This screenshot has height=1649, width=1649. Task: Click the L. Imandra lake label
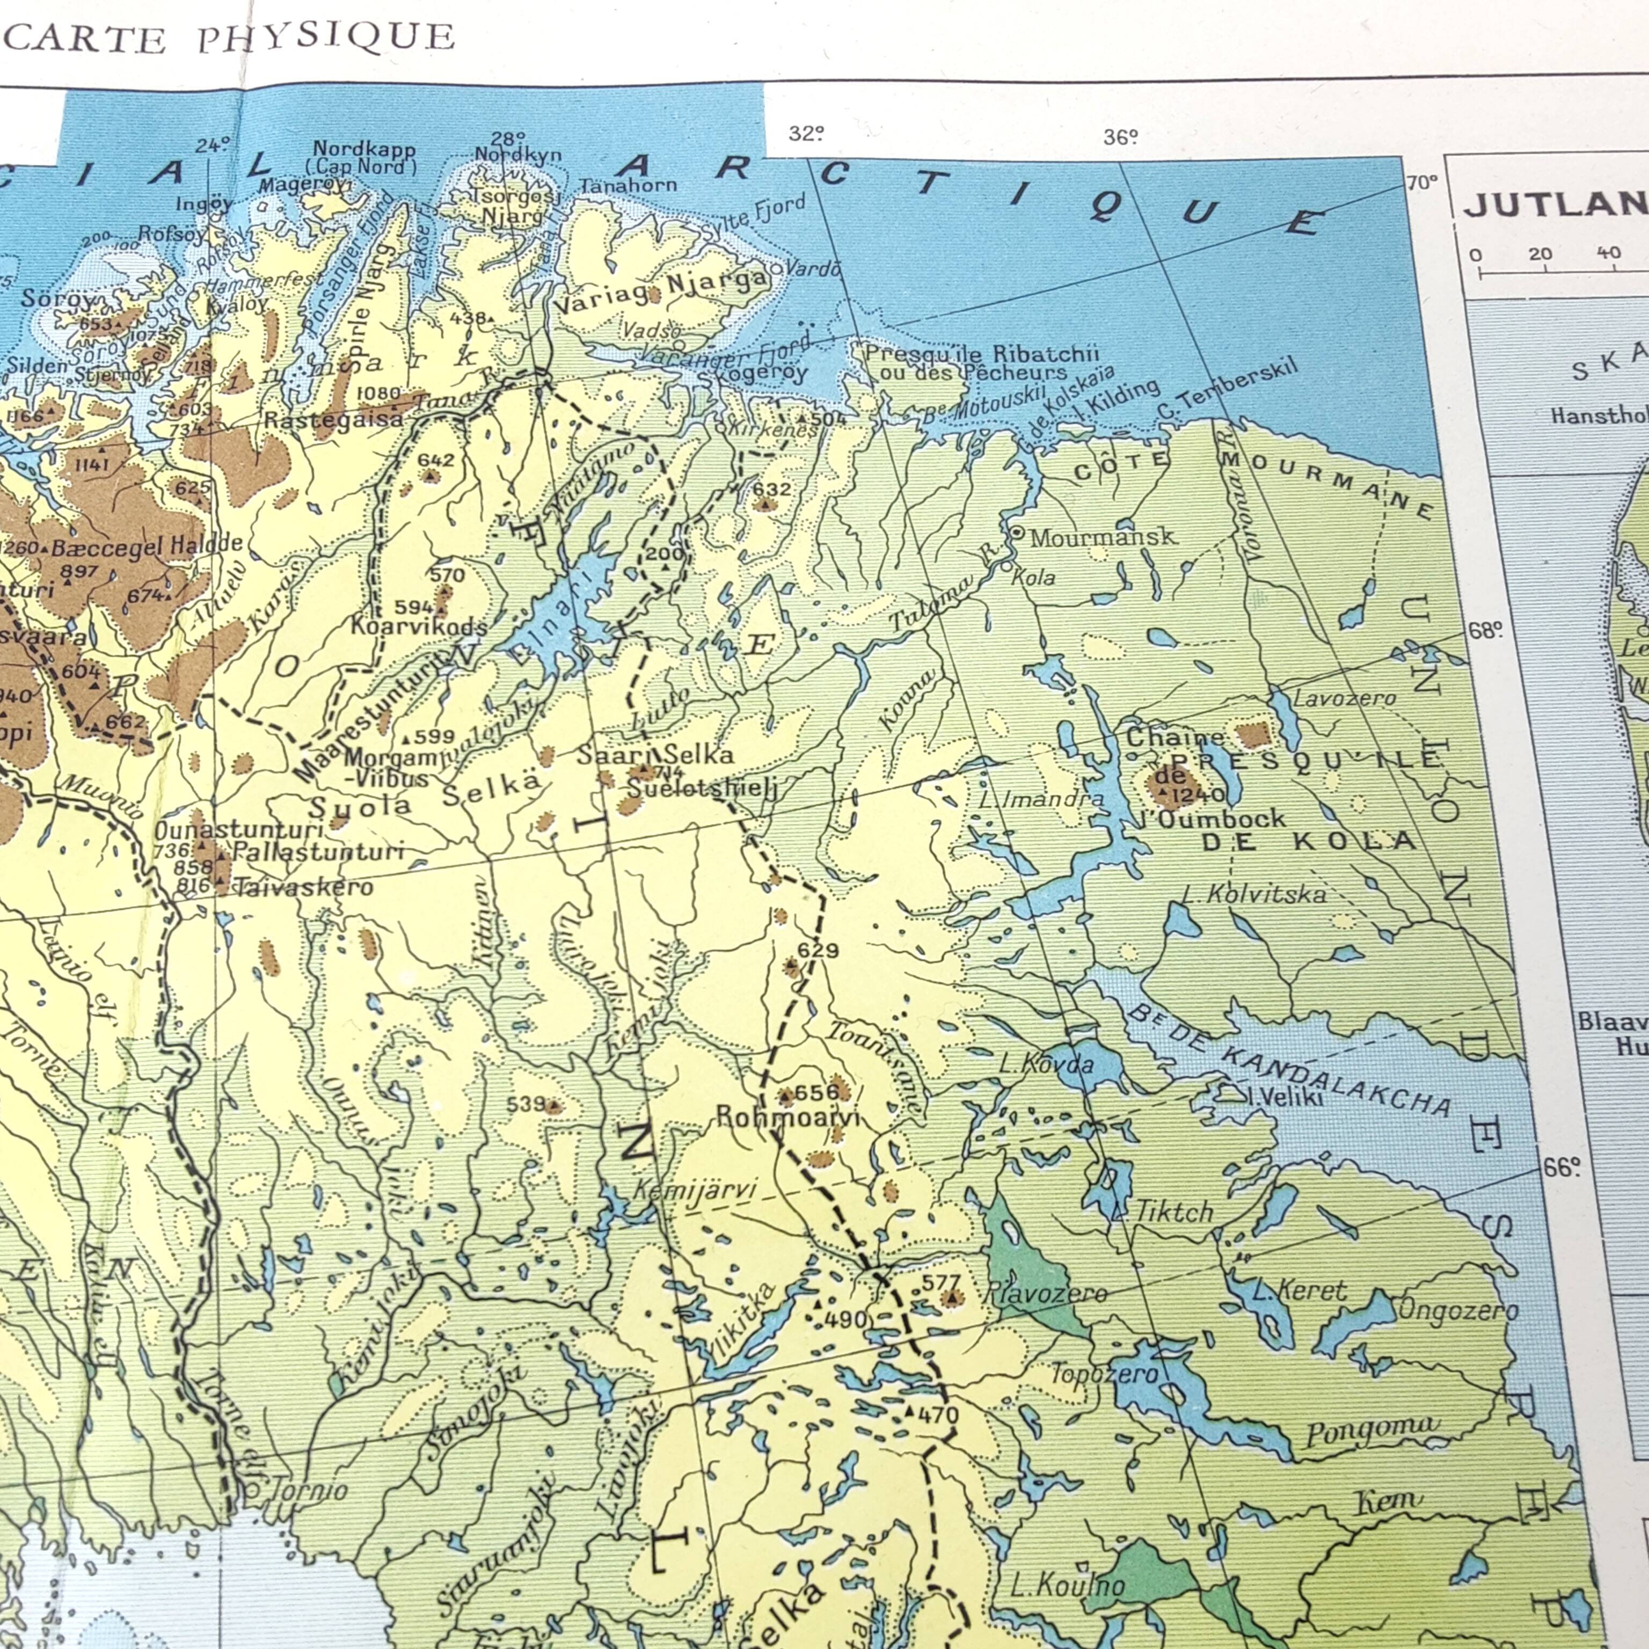(1041, 800)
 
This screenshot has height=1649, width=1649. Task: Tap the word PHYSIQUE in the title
(327, 38)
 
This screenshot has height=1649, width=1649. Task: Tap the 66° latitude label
(1562, 1168)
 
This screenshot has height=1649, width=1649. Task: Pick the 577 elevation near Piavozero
(940, 1282)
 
